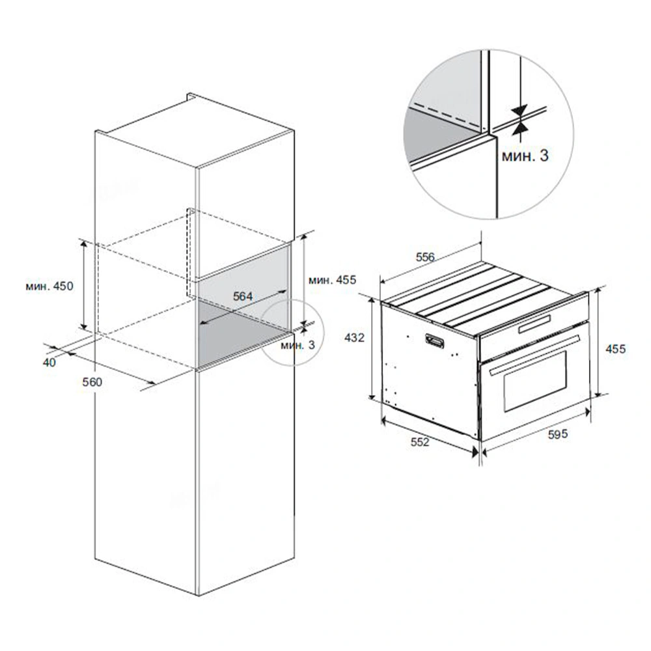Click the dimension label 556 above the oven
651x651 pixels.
click(x=425, y=257)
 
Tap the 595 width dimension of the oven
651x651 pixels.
click(x=558, y=434)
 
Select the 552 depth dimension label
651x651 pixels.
click(x=420, y=442)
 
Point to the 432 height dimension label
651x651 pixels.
click(x=354, y=337)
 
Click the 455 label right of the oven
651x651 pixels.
click(x=615, y=349)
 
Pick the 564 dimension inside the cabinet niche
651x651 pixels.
click(x=243, y=296)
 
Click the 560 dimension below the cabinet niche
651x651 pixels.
click(x=92, y=381)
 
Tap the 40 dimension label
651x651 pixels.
click(x=49, y=363)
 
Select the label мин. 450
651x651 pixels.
click(x=49, y=286)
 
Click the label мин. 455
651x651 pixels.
click(x=332, y=280)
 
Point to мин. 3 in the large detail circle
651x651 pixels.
click(x=525, y=156)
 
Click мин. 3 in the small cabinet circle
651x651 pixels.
click(x=298, y=344)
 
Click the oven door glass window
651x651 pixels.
click(x=535, y=381)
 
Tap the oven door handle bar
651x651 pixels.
click(x=534, y=355)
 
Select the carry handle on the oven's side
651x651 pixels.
click(x=434, y=341)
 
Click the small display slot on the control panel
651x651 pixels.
click(x=534, y=324)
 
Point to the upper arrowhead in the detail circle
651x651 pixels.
click(x=519, y=111)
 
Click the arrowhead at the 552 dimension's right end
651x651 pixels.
click(x=475, y=452)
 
